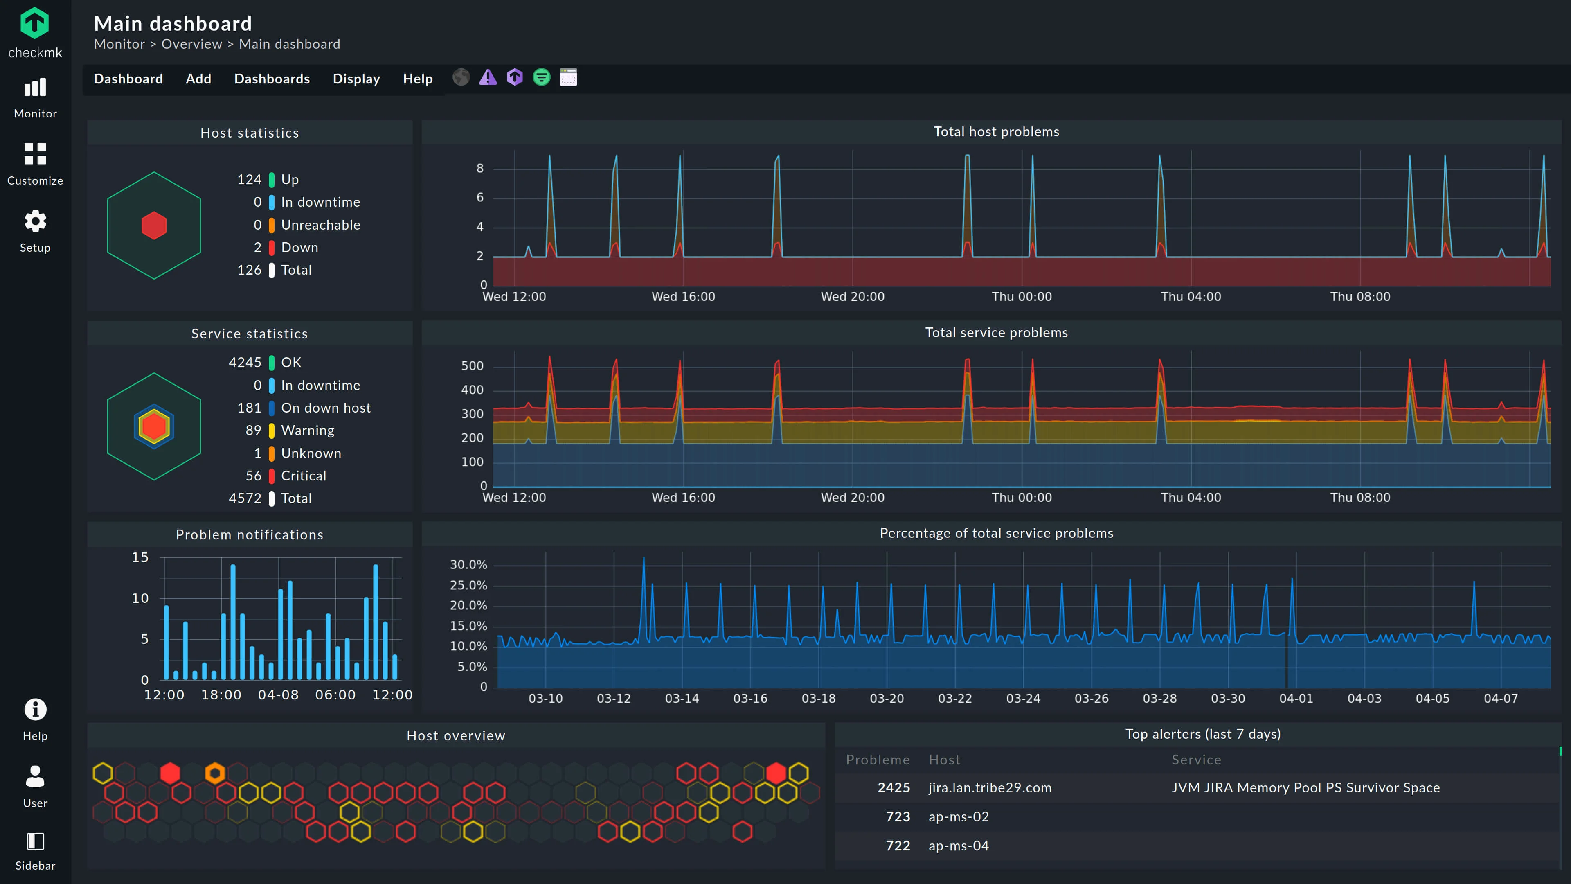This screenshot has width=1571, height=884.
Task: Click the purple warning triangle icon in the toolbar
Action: click(x=487, y=77)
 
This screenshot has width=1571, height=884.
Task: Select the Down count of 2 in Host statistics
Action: click(x=257, y=247)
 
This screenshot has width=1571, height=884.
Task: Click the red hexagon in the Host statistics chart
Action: click(x=154, y=226)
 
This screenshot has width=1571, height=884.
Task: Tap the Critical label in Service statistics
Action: click(x=303, y=476)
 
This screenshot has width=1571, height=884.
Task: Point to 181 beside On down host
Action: click(x=249, y=408)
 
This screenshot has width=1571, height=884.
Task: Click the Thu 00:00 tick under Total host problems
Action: click(x=1022, y=296)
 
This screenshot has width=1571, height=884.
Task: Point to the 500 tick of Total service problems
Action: click(x=472, y=366)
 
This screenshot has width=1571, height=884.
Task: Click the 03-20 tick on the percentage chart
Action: click(x=886, y=699)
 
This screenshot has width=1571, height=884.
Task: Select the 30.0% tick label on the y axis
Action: click(x=468, y=565)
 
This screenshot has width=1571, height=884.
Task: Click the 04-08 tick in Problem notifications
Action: click(x=278, y=695)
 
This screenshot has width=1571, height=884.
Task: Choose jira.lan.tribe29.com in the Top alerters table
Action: click(x=990, y=787)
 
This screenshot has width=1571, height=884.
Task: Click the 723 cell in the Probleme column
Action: click(x=897, y=817)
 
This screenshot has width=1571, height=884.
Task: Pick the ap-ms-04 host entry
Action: click(x=958, y=846)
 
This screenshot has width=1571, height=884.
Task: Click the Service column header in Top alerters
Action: click(x=1196, y=760)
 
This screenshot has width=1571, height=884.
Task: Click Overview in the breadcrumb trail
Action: click(x=191, y=44)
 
